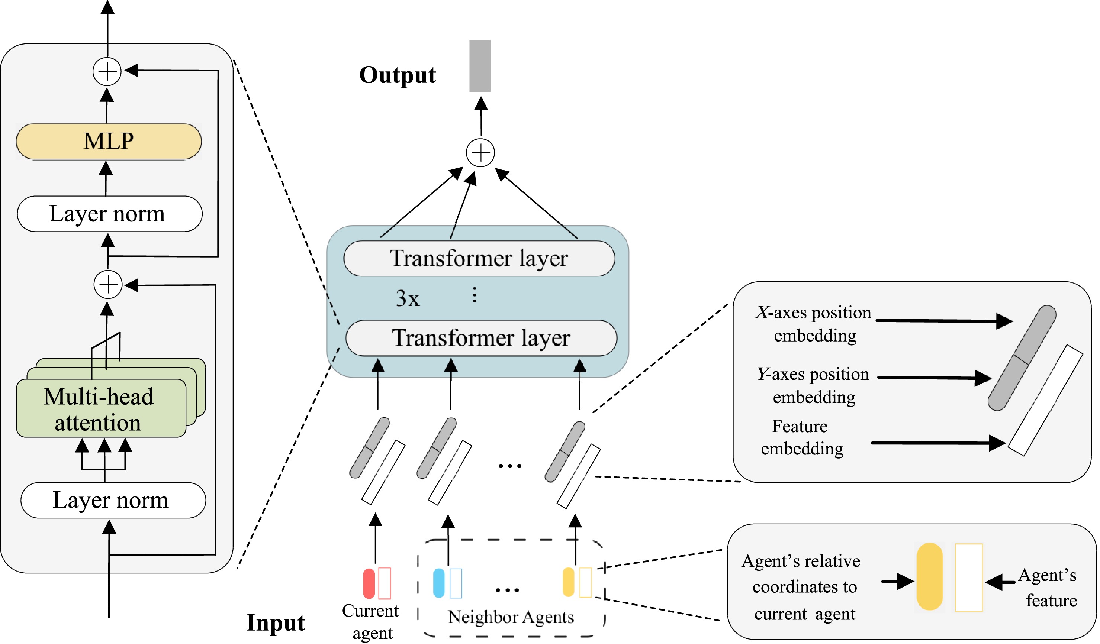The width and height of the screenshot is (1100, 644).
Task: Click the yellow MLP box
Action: tap(109, 141)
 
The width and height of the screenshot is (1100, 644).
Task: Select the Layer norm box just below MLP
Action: tap(110, 214)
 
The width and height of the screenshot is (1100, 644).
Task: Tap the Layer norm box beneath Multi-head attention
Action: tap(113, 500)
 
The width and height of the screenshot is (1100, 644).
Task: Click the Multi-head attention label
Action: tap(99, 409)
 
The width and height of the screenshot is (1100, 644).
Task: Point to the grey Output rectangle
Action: tap(480, 66)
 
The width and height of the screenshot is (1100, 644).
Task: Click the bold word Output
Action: tap(397, 75)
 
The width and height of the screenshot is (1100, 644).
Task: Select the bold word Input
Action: tap(276, 622)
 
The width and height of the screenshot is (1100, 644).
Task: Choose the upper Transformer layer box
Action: tap(479, 258)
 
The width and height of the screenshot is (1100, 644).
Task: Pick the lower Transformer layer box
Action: tap(481, 338)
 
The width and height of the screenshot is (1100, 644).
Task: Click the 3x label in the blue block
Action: tap(407, 298)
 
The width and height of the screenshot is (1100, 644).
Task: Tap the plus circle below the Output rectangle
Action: tap(480, 153)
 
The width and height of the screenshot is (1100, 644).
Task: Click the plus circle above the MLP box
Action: tap(107, 71)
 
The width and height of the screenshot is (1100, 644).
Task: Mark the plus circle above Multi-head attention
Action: tap(108, 285)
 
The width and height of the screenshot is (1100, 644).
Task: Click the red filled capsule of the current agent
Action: tap(369, 583)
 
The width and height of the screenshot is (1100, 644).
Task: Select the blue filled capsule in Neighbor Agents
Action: tap(439, 583)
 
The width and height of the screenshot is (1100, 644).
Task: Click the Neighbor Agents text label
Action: tap(511, 617)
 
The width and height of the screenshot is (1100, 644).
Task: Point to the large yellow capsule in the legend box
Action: tap(929, 576)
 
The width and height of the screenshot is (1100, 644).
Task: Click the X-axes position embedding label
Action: tap(814, 324)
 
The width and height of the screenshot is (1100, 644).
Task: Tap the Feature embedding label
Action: tap(801, 438)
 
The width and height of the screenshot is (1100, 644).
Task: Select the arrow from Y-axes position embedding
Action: tap(934, 378)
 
